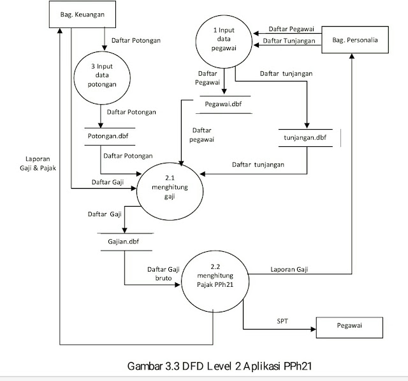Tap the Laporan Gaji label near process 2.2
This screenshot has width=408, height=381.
289,269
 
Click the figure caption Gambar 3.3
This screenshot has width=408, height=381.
212,366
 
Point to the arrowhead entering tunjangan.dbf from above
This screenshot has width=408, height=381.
307,125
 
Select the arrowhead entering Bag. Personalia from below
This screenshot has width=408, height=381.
350,57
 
